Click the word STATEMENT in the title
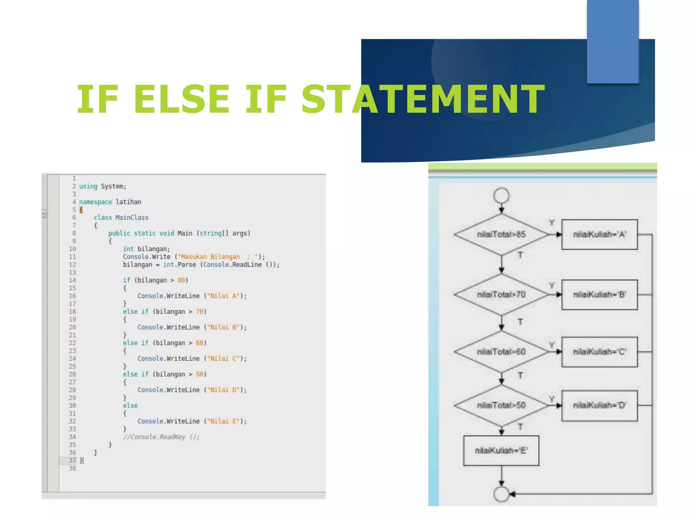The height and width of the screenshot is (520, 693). click(x=423, y=99)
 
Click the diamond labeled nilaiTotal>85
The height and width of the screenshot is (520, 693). click(x=501, y=234)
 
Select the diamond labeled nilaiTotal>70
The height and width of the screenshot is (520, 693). click(x=501, y=295)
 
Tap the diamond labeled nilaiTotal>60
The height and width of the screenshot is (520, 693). click(x=501, y=352)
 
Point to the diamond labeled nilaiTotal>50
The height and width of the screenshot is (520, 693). click(x=501, y=405)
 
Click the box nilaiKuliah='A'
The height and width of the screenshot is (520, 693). click(x=599, y=234)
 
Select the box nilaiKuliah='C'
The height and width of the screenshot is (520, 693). click(x=599, y=352)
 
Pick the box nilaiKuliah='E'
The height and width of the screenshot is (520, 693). click(x=501, y=451)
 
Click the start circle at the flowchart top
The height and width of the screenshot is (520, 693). click(x=501, y=195)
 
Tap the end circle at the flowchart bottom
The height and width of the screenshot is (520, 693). click(x=501, y=494)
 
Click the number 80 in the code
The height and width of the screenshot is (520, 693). click(x=181, y=280)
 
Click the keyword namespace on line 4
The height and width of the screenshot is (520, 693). click(x=95, y=202)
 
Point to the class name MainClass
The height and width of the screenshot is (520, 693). click(x=132, y=218)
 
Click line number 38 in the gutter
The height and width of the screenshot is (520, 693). click(x=72, y=468)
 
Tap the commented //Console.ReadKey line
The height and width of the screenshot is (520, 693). click(x=161, y=437)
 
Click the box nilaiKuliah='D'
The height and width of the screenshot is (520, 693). click(x=599, y=405)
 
